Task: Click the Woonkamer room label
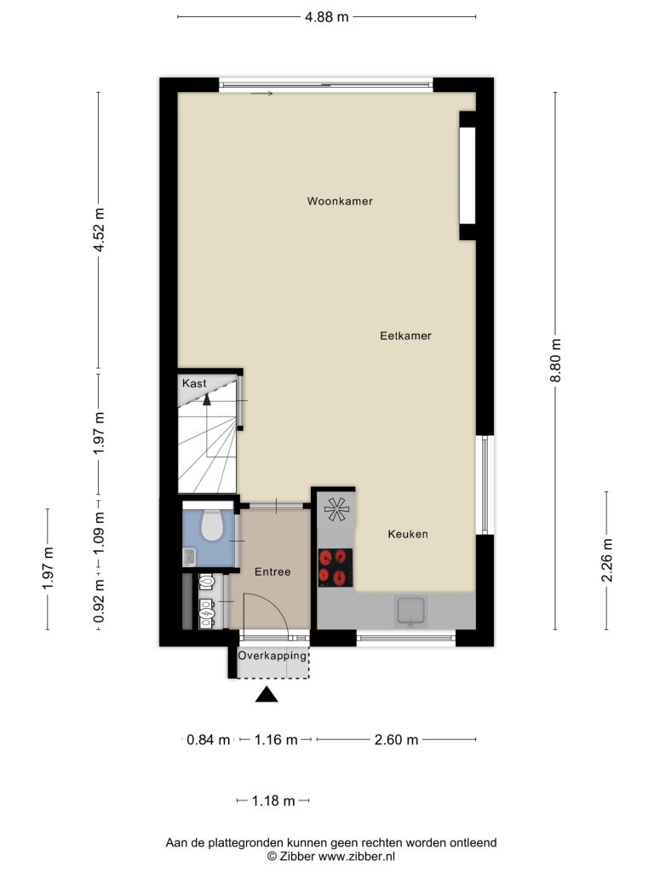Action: tap(340, 201)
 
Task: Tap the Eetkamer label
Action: tap(405, 336)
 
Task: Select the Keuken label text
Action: tap(408, 534)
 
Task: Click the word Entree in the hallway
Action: tap(272, 571)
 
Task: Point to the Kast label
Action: tap(194, 383)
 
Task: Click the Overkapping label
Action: tap(272, 656)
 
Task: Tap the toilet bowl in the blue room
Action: tap(211, 525)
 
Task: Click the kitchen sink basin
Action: tap(410, 611)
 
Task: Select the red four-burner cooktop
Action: tap(336, 567)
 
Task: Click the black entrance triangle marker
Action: tap(267, 695)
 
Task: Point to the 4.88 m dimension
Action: tap(326, 17)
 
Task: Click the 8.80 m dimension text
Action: tap(555, 360)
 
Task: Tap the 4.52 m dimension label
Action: tap(99, 230)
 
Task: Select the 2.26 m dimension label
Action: tap(606, 560)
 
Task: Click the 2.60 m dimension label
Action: tap(396, 740)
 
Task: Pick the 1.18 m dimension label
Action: tap(273, 800)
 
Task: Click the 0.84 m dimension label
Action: tap(208, 740)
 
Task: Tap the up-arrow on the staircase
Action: tap(207, 399)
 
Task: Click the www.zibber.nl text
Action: tap(357, 857)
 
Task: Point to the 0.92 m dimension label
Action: tap(99, 600)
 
